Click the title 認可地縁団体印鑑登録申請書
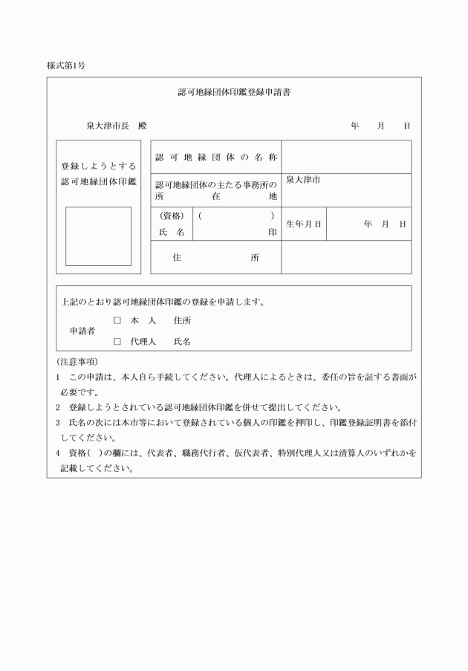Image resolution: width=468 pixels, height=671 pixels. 233,94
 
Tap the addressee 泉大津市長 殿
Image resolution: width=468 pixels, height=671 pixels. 115,126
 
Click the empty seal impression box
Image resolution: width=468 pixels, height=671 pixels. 98,236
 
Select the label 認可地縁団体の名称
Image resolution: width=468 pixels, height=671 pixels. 215,158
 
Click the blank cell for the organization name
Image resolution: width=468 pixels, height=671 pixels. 345,157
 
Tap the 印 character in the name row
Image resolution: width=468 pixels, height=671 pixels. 273,232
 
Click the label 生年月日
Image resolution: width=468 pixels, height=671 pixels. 304,224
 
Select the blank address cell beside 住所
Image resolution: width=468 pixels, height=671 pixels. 345,258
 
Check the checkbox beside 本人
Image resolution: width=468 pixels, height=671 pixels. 117,321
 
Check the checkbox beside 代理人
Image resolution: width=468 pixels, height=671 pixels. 117,342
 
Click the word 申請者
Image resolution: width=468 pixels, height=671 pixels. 82,331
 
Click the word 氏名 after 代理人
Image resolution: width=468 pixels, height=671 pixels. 182,342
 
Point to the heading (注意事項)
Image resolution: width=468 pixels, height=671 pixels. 77,362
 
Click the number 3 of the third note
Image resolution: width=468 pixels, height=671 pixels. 58,422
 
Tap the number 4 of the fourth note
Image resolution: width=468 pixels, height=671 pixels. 58,453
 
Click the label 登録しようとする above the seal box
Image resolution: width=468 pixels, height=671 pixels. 98,166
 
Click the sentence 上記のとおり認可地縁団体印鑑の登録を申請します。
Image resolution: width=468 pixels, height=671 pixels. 163,302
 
